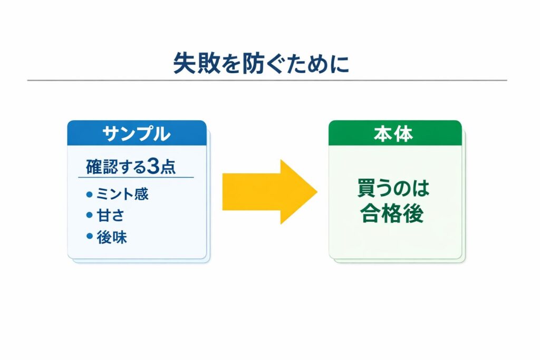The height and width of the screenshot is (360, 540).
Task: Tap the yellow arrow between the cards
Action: click(x=269, y=191)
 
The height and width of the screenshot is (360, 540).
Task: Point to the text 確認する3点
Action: click(x=131, y=167)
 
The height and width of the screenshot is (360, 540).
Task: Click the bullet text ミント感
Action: click(x=122, y=194)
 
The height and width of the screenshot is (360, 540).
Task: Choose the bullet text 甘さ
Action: click(x=109, y=216)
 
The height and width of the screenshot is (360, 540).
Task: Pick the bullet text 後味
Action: click(x=112, y=237)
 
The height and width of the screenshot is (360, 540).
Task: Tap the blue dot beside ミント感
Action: click(x=89, y=194)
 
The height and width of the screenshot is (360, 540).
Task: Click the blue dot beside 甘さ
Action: click(x=89, y=216)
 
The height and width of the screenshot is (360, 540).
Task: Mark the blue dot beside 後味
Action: click(x=89, y=237)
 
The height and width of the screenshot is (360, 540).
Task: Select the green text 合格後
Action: click(x=392, y=214)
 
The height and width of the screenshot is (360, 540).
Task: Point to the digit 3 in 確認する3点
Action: click(x=153, y=167)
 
